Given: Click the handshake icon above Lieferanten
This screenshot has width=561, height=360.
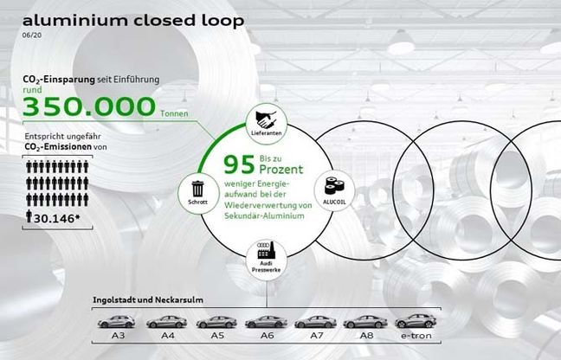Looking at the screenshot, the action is [266, 119].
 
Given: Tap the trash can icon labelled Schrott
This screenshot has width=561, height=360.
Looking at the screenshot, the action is [198, 189].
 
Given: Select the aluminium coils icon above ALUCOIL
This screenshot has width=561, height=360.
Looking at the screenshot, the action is [334, 186].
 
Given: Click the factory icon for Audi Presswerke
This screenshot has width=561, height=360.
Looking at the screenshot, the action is [267, 251].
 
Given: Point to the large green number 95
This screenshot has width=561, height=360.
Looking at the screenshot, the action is [239, 164].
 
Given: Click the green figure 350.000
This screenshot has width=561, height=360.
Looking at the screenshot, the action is [89, 106].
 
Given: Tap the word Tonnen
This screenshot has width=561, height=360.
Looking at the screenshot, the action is [174, 113].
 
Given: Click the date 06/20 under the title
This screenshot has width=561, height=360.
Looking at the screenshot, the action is [32, 35].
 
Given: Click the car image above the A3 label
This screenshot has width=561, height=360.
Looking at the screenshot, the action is [116, 322].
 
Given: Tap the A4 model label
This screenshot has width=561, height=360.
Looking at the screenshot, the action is [167, 335].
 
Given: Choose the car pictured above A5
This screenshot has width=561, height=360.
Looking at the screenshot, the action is [216, 322].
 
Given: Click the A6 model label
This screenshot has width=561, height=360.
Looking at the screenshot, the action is [267, 335].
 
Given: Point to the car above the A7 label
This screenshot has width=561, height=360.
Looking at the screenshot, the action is [315, 322].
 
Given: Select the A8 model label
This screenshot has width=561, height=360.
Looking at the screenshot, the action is [366, 335].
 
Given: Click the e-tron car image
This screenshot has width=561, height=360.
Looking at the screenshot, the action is [416, 321].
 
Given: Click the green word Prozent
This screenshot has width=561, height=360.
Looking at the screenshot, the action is [281, 169].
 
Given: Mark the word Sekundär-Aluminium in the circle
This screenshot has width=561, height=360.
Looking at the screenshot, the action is [264, 215].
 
